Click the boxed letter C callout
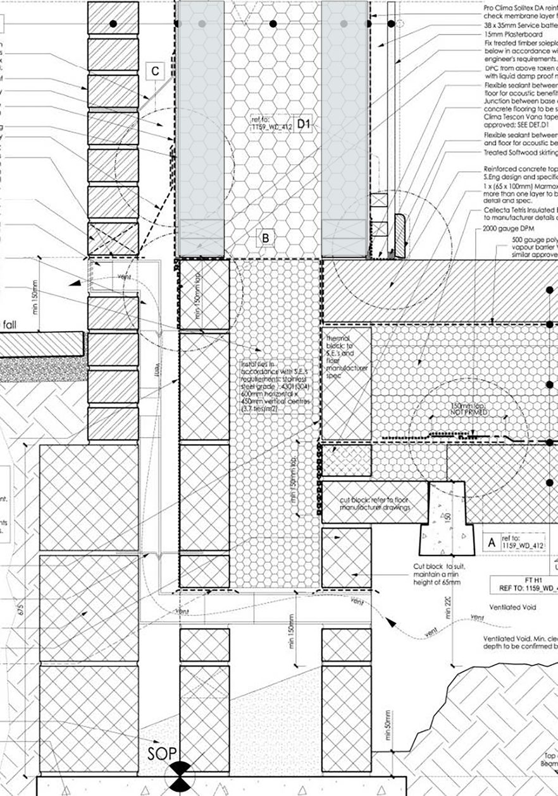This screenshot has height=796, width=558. point(156,71)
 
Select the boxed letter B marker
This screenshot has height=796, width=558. point(266,238)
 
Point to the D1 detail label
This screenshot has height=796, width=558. point(304,125)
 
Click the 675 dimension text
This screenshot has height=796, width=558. point(22,610)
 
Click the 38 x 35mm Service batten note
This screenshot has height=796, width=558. point(519,24)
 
